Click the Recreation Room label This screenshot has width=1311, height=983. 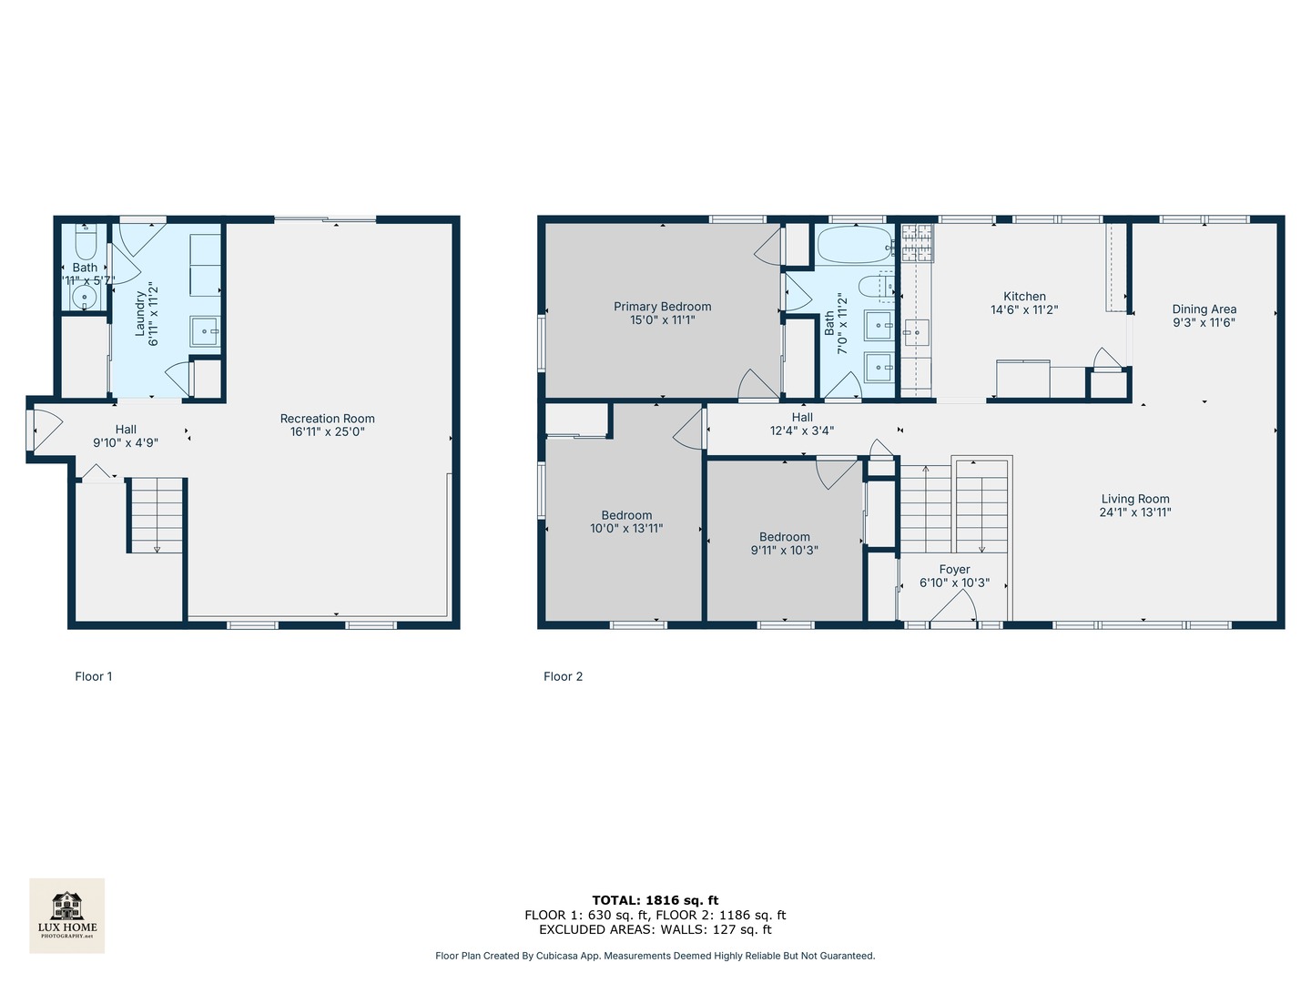pos(327,419)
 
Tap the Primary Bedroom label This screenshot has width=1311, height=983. pos(662,307)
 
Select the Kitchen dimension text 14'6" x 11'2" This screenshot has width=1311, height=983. pos(1024,309)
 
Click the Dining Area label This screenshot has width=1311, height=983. pos(1204,309)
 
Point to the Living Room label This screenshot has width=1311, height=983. pos(1135,499)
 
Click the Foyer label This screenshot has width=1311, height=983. pos(954,570)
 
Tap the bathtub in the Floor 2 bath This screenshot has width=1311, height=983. pos(855,245)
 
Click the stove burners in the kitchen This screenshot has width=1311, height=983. pos(916,243)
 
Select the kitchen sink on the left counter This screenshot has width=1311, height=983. pos(915,333)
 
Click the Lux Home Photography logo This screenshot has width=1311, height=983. pos(66,915)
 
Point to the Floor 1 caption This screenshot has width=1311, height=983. pos(94,676)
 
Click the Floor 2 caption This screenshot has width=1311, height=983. pos(563,676)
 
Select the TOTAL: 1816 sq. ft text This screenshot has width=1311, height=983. pos(655,900)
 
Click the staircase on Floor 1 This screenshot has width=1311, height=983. pos(157,515)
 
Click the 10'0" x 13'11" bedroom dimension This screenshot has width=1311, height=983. pos(626,528)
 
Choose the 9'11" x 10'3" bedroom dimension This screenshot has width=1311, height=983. pos(784,550)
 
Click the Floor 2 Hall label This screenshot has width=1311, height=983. pos(802,418)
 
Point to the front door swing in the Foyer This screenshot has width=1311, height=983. pos(954,610)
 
